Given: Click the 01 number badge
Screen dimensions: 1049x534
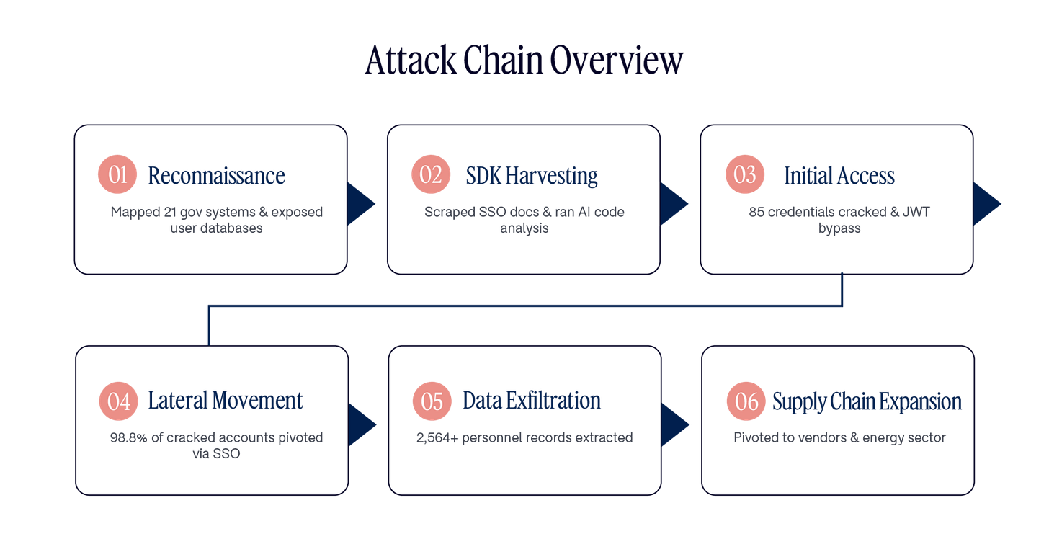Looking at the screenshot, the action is click(x=117, y=174).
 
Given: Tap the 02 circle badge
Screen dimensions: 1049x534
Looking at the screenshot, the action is click(x=431, y=174).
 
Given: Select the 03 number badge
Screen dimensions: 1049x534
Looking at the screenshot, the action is click(x=745, y=174).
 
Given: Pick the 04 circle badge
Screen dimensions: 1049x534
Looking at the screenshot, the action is click(x=118, y=401).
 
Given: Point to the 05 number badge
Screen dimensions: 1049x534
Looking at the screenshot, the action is click(x=432, y=401).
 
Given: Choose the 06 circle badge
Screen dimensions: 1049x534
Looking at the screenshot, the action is click(x=746, y=401).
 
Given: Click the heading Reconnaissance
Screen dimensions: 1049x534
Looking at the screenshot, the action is click(x=216, y=176).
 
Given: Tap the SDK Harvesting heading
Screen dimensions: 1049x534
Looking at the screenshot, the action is click(x=532, y=177).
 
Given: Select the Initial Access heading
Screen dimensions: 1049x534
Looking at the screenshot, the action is click(x=839, y=176).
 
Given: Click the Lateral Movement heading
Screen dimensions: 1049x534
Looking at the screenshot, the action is click(x=226, y=401).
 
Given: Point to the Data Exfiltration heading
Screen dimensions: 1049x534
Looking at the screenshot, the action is click(x=532, y=401).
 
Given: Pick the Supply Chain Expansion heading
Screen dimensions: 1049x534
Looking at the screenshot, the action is click(x=867, y=402).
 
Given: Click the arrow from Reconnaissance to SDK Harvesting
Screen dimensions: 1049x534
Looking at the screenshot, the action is click(x=360, y=204).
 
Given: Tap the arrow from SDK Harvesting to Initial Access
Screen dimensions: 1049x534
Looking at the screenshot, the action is click(x=673, y=204).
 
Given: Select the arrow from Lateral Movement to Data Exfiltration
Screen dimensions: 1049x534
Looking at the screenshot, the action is click(x=361, y=424).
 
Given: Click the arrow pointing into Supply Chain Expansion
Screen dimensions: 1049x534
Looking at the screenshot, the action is click(x=674, y=424).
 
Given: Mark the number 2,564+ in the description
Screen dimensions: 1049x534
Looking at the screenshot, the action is click(x=437, y=437).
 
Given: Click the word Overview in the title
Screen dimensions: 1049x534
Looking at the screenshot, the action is click(x=616, y=60).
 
